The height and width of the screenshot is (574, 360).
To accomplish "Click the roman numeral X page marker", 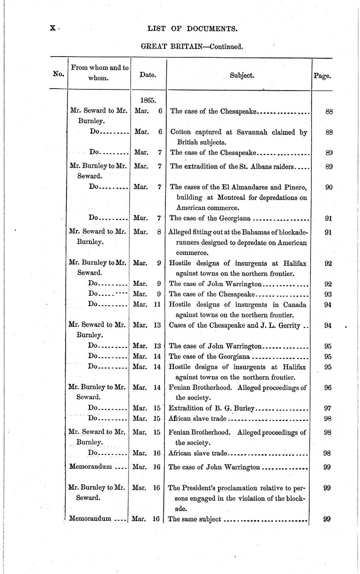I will pos(53,28).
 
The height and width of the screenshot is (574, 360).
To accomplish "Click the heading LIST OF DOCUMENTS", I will pos(192,29).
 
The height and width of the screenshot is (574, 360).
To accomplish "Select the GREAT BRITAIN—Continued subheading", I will pos(192,46).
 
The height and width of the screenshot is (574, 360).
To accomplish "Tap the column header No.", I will pos(59,74).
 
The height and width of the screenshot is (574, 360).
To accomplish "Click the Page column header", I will pos(322,76).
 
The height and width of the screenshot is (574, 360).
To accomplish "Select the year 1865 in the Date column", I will pos(148,100).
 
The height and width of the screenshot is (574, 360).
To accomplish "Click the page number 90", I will pos(328,187).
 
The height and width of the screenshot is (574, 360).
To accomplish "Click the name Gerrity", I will pos(286,325).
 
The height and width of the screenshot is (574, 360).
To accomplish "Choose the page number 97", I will pos(327,408).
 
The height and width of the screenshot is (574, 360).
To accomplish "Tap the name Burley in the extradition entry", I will pos(243,408).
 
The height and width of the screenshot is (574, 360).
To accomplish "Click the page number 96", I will pos(327,388).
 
